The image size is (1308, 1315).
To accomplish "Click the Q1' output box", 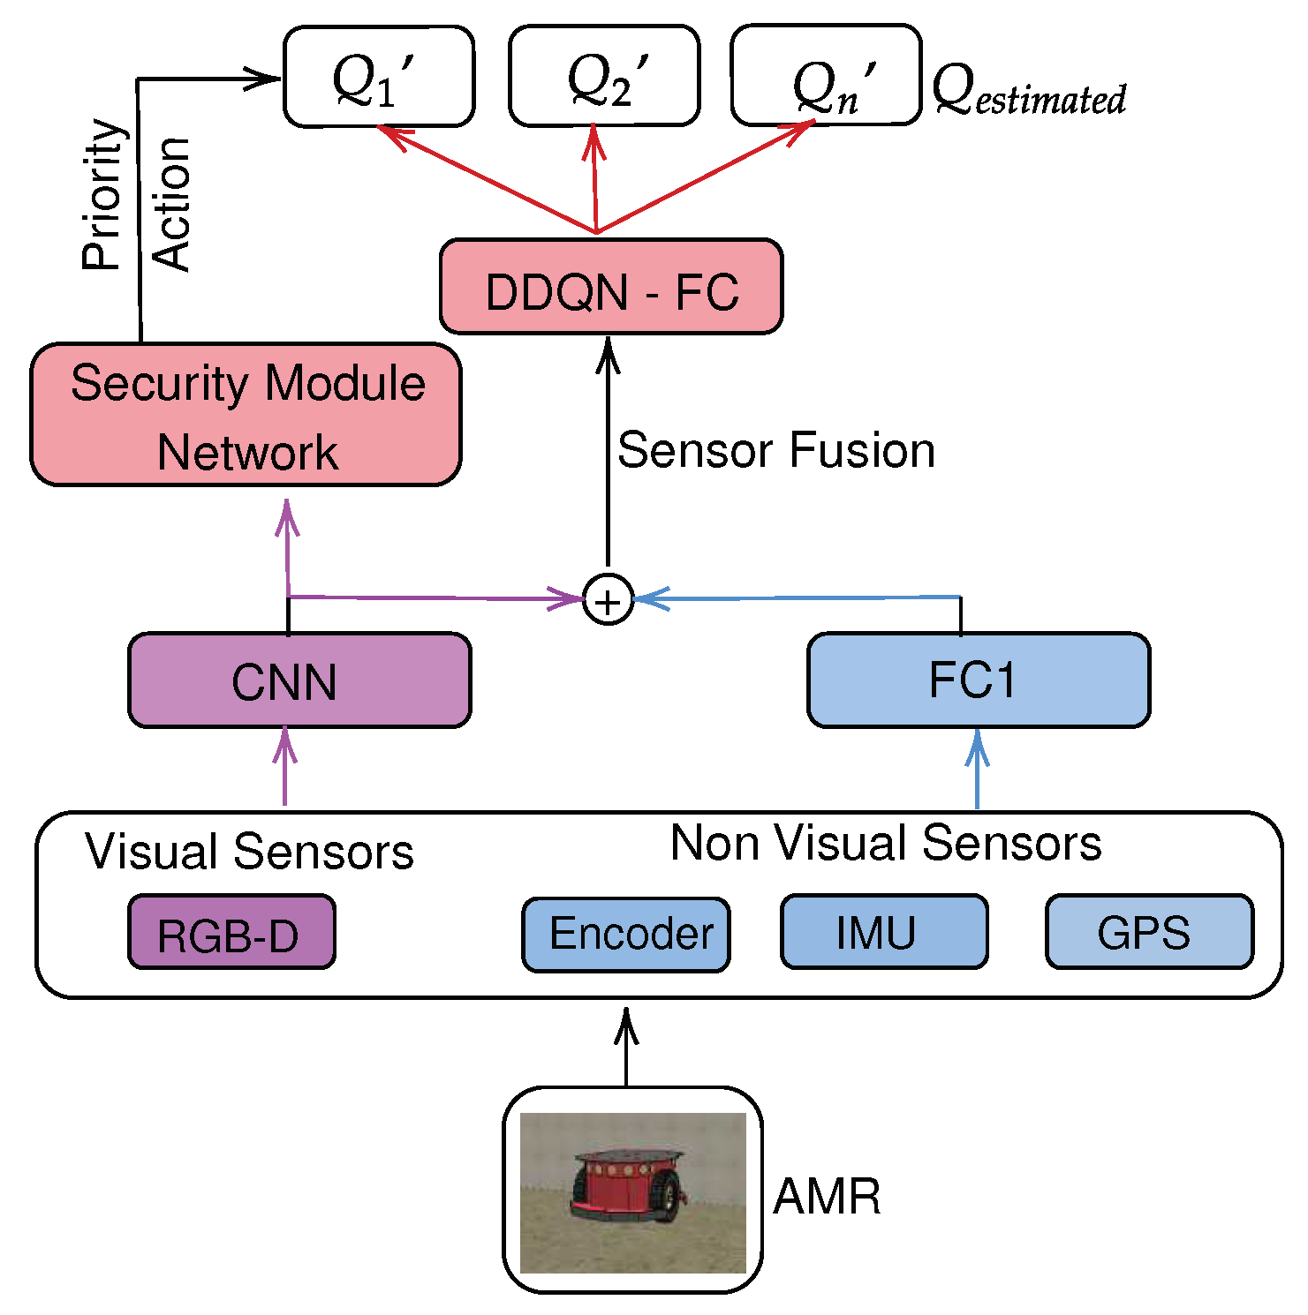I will (x=379, y=77).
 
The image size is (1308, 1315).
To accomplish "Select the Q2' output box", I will (x=604, y=77).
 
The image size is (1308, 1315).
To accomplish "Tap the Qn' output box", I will (x=826, y=77).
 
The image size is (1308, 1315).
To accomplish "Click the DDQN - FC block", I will (x=611, y=287).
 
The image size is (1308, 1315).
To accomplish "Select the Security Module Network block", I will (x=246, y=415).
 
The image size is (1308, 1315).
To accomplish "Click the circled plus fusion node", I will (x=609, y=600).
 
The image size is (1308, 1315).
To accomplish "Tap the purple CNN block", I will (x=299, y=680).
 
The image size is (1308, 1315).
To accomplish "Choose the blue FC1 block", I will (x=979, y=680).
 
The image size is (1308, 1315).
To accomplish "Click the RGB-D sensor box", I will (x=231, y=933).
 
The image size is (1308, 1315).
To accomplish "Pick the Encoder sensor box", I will (x=626, y=935).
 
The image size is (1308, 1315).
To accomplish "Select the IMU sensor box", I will (x=884, y=933).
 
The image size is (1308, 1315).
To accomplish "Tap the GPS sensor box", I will (x=1149, y=933).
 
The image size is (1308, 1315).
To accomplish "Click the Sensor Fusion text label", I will (x=776, y=450).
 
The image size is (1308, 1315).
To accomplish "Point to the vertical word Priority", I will (x=102, y=194).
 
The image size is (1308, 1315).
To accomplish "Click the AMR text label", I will (x=827, y=1198).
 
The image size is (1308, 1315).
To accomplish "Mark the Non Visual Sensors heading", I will (x=886, y=843).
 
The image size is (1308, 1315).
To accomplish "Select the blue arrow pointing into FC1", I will (x=977, y=768).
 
